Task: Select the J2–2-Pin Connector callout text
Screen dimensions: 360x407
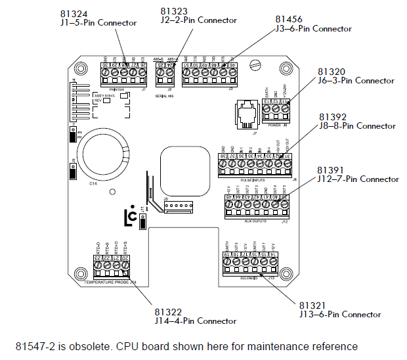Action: click(x=199, y=20)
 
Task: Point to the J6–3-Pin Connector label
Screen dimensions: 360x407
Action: click(x=356, y=81)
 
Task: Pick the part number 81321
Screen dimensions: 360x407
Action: click(x=312, y=305)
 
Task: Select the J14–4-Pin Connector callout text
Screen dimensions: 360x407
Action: click(x=196, y=321)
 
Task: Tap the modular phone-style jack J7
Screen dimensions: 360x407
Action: click(x=247, y=108)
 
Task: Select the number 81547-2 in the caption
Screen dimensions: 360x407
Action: click(x=37, y=346)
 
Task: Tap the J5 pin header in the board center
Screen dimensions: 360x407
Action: click(x=177, y=206)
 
